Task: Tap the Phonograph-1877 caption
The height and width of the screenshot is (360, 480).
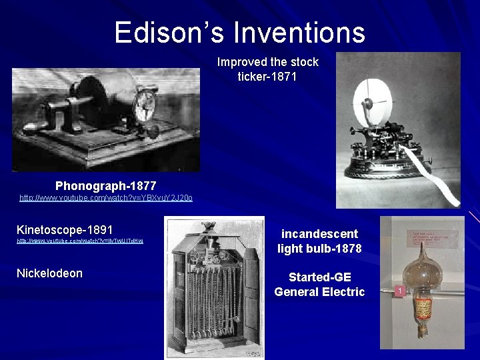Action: coord(106,185)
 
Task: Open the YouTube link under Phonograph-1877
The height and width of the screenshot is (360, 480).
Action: coord(106,198)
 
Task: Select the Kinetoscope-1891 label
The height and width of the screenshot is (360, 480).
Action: coord(65,229)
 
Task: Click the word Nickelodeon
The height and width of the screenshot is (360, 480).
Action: coord(49,273)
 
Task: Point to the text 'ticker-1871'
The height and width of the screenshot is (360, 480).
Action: coord(267,77)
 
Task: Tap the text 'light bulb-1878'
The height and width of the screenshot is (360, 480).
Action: coord(319,249)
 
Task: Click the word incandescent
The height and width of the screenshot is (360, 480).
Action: coord(319,234)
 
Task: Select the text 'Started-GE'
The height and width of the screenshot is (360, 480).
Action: coord(319,277)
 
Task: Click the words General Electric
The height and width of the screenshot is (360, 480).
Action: coord(319,291)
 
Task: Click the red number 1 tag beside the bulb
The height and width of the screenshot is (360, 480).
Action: coord(399,291)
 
